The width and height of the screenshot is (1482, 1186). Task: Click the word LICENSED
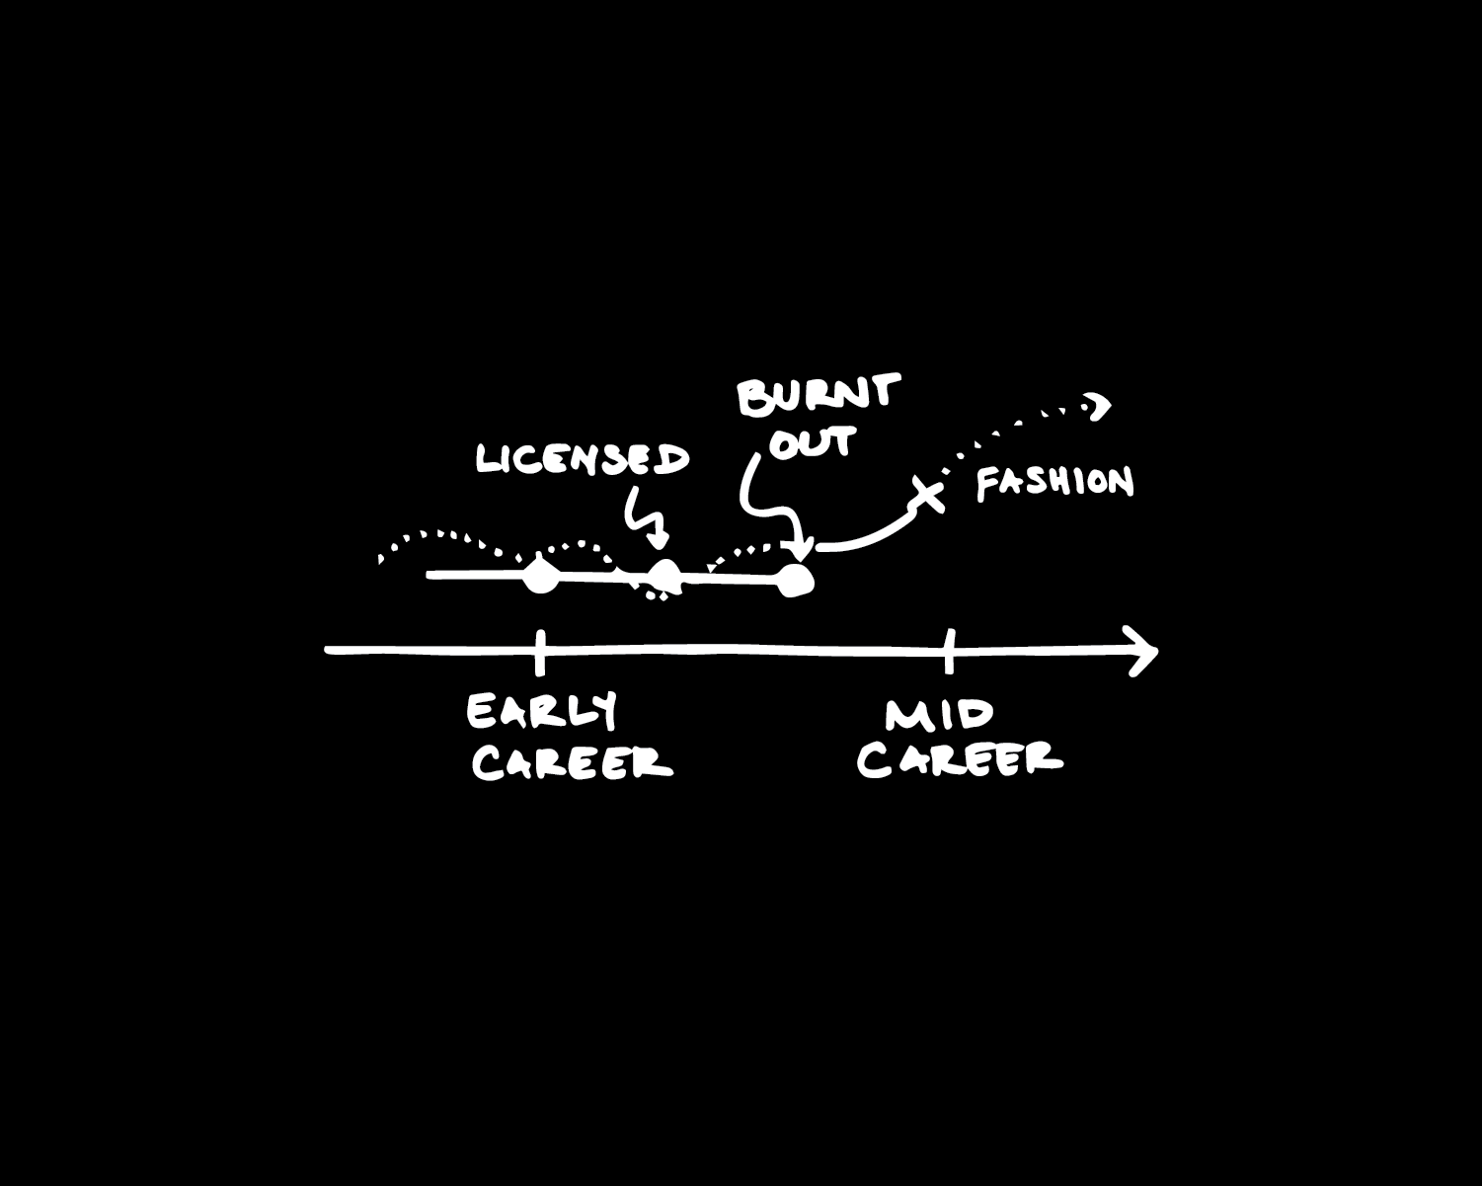583,459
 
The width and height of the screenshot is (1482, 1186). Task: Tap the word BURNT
819,395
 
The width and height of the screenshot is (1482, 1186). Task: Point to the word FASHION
1054,483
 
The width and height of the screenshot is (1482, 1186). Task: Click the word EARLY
542,711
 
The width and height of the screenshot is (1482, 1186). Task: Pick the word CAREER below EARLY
572,762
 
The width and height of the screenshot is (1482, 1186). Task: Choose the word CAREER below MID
960,758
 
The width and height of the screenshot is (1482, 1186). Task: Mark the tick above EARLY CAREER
539,651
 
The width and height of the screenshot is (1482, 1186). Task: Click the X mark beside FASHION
926,494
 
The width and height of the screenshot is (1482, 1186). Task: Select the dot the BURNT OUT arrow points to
795,581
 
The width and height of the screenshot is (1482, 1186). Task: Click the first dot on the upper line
539,575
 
